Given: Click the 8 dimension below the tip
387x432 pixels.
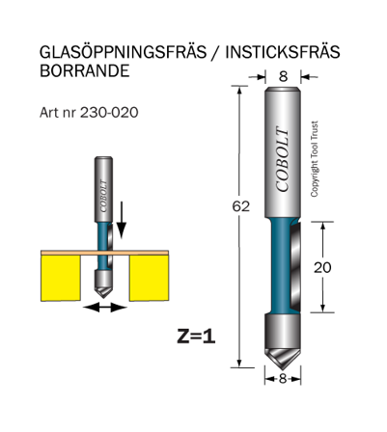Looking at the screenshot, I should click(283, 380).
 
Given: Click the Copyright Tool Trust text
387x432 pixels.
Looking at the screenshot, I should click(315, 159).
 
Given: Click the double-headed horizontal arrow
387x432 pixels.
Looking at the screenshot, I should click(104, 307).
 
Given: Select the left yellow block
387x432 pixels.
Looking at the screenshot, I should click(64, 276).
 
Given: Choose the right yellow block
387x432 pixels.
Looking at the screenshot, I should click(149, 276).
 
